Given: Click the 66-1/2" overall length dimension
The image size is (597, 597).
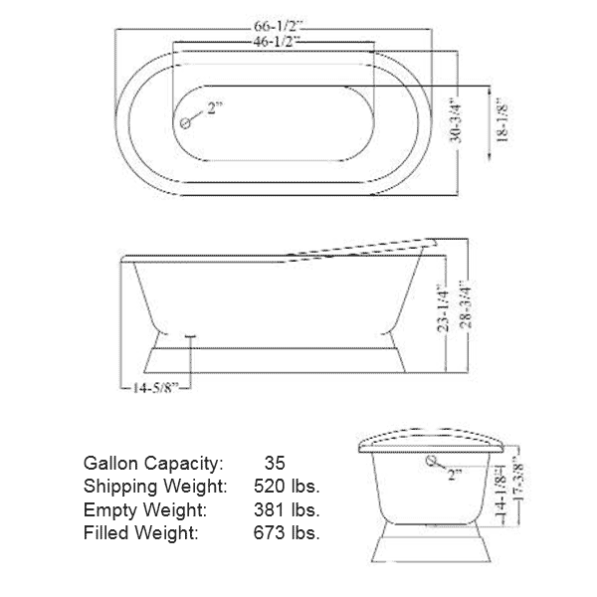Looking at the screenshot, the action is point(278,26).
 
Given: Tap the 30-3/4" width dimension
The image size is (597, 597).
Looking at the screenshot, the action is point(456,121).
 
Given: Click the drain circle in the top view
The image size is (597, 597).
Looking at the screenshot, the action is point(185,123).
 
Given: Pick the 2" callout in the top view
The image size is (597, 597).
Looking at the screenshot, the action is point(214,108).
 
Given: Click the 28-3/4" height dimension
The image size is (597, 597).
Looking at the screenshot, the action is point(466,304).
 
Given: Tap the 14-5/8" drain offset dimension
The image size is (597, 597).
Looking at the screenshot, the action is point(155,388).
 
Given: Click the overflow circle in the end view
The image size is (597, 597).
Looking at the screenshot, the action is point(432,461).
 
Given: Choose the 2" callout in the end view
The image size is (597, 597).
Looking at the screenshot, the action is point(455,475).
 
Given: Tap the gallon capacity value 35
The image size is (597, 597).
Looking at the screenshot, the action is point(275,463).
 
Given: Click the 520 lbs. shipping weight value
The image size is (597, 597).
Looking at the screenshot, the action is point(287,487).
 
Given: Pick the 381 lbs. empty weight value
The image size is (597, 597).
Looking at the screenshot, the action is point(287,509).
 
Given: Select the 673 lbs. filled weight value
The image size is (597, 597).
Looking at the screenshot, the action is point(287,532).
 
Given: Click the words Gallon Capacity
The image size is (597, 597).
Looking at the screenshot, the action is point(153,464).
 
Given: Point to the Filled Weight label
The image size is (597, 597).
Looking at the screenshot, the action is point(141,532).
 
